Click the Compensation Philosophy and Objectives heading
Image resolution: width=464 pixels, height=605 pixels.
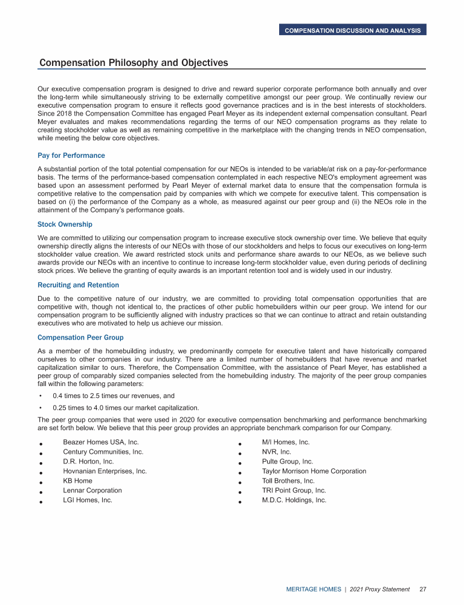click(x=134, y=63)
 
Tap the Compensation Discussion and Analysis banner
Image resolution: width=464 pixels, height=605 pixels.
click(x=353, y=30)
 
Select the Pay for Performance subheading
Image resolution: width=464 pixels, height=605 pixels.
click(x=71, y=155)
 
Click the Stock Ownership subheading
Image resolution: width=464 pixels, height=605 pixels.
click(x=65, y=224)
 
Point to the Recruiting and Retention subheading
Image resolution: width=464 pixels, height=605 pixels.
click(x=78, y=285)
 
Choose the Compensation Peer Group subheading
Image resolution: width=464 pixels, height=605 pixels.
click(x=80, y=337)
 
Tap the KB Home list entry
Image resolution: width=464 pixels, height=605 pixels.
click(x=77, y=481)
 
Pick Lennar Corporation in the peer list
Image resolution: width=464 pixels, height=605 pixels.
click(x=92, y=491)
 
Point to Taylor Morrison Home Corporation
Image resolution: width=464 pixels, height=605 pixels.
click(x=314, y=471)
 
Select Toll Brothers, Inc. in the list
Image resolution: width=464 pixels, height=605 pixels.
click(x=288, y=481)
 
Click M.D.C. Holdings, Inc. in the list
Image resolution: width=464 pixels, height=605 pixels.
click(x=294, y=500)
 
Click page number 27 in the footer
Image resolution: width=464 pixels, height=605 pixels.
click(x=423, y=589)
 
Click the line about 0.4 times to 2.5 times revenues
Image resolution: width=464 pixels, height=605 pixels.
click(x=114, y=396)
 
